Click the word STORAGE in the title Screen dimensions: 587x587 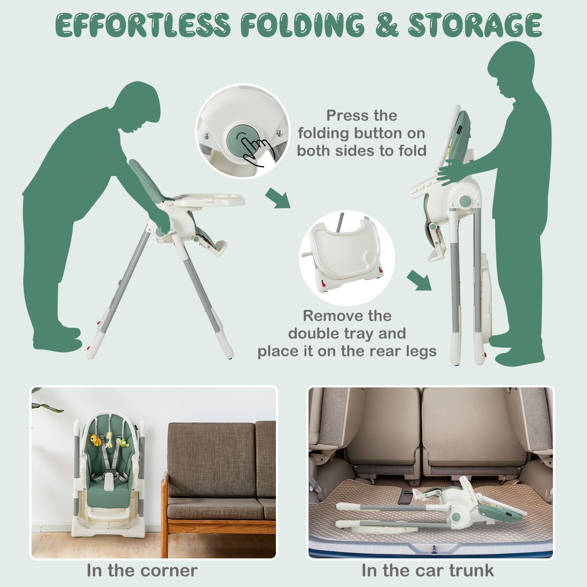pos(475,25)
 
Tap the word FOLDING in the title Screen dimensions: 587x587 pos(303,25)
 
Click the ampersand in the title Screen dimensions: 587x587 pos(386,25)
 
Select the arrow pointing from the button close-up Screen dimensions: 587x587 pos(278,198)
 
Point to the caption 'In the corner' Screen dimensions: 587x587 pos(142,570)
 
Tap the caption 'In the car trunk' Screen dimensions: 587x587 pos(427,570)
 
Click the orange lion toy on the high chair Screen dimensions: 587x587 pos(96,440)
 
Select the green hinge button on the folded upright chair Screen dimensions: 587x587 pos(465,201)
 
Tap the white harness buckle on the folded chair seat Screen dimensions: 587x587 pos(109,483)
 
